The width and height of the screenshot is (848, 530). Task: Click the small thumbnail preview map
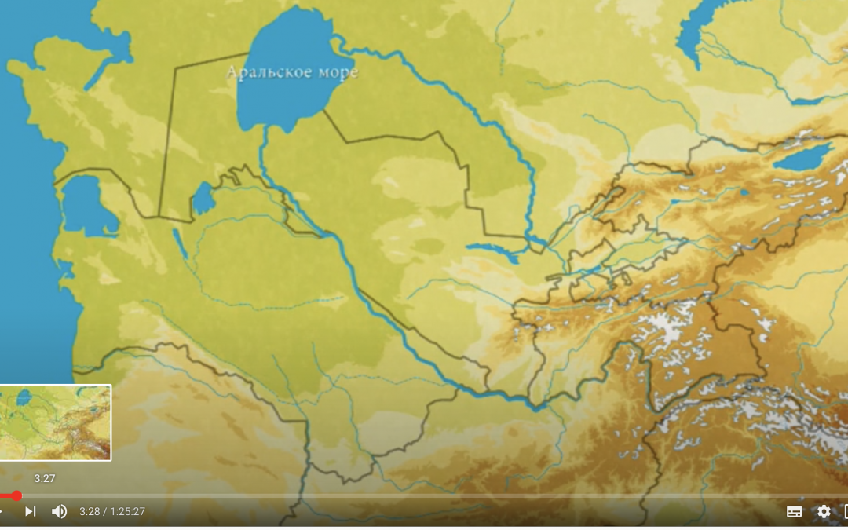pos(55,422)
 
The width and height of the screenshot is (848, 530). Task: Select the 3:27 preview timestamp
pos(45,478)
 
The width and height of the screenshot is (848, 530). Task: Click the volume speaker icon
pos(59,511)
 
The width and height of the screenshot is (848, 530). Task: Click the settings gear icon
pos(824,511)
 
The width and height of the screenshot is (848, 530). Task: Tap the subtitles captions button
pos(794,511)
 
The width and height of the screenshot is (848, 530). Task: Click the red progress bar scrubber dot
pos(16,495)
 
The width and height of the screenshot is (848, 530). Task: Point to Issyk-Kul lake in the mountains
pos(802,158)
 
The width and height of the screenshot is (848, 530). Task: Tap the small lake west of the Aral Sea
pos(203,198)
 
